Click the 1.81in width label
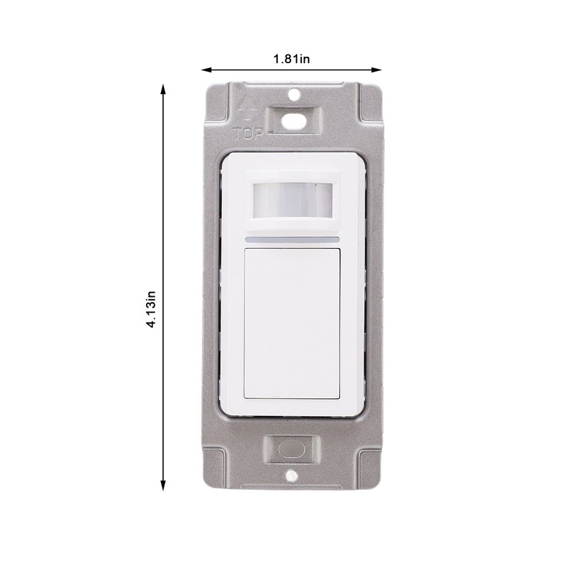292,59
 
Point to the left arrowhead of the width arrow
206,69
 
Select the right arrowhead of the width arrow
378,69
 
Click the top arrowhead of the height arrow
163,89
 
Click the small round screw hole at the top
293,93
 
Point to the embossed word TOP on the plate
248,132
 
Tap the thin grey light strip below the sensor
292,241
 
